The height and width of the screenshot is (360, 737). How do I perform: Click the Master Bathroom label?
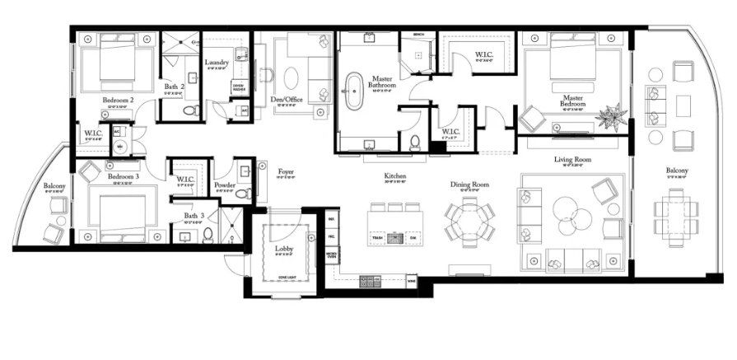tap(382, 82)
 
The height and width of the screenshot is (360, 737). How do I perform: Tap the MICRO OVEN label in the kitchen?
tap(331, 255)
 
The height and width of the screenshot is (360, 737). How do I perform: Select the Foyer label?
tap(286, 172)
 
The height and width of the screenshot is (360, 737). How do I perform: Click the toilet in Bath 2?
tap(189, 110)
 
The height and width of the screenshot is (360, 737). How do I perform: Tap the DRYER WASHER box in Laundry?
tap(238, 86)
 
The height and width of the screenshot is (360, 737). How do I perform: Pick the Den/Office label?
tap(289, 99)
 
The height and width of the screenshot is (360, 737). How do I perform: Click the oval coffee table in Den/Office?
tap(294, 77)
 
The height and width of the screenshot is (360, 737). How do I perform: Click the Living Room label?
tap(572, 160)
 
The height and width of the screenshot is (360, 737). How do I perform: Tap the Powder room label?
tap(225, 185)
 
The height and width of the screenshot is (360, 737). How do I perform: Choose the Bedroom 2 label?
tap(119, 100)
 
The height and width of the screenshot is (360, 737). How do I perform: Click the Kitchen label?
tap(395, 177)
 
